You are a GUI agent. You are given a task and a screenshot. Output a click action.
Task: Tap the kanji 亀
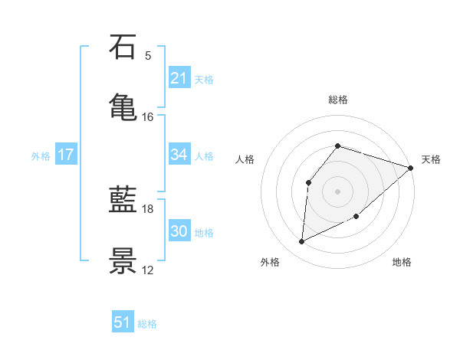[x=123, y=105]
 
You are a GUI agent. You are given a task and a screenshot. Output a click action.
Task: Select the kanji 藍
[x=123, y=201]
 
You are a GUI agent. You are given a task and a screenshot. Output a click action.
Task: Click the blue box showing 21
[x=179, y=77]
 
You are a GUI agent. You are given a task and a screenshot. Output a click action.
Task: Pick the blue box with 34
[x=179, y=155]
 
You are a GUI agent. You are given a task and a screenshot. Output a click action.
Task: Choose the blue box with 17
[x=66, y=155]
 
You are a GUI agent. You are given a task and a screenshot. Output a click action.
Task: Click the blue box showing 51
[x=123, y=322]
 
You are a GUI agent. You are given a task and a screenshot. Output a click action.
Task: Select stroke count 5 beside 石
[x=147, y=56]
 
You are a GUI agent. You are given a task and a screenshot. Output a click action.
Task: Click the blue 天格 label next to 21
[x=204, y=79]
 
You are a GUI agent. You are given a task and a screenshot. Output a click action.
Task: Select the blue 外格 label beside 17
[x=41, y=156]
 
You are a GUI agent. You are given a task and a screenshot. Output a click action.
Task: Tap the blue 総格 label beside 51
[x=147, y=324]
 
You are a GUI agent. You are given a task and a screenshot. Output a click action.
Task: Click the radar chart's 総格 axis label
[x=337, y=100]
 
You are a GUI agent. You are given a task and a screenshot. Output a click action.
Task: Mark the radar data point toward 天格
[x=411, y=169]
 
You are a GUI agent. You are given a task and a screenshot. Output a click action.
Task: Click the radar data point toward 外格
[x=301, y=242]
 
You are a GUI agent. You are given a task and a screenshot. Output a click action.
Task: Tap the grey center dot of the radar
[x=337, y=191]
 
